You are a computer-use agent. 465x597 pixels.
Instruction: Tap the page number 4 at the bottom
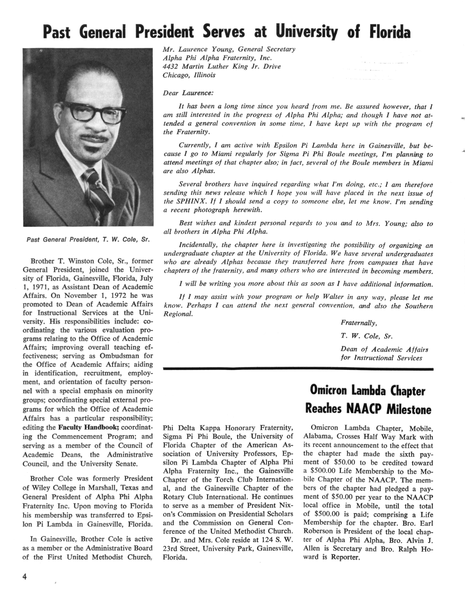25,577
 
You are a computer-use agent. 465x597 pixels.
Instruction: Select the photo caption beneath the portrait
88,240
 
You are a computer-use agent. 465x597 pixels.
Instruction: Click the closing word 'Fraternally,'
359,323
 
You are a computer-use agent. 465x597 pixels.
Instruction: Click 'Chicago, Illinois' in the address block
189,75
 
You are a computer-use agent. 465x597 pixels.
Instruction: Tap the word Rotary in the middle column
173,497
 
